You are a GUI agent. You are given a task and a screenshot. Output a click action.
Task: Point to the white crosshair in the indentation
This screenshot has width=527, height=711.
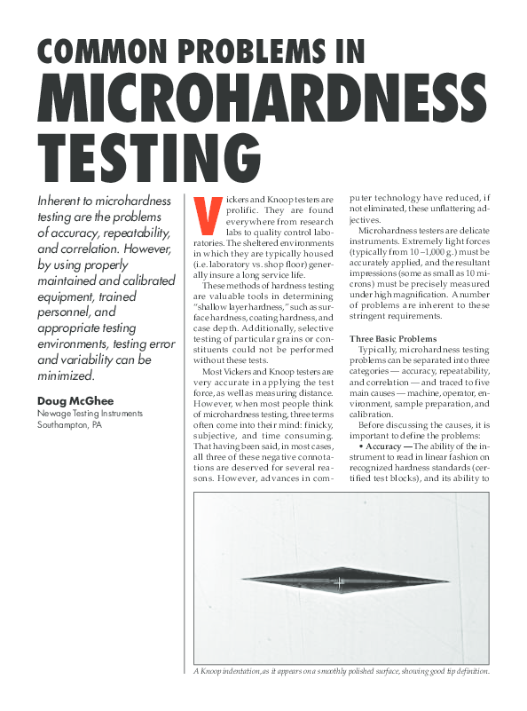pos(337,582)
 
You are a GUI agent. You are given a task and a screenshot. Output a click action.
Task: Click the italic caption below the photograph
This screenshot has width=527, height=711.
pos(342,671)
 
